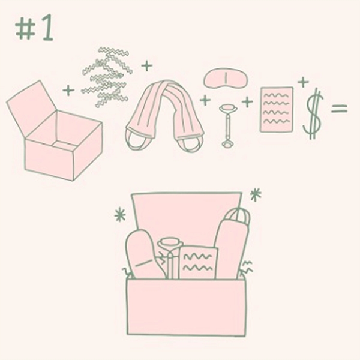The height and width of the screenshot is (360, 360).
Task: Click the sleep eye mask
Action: click(x=226, y=78)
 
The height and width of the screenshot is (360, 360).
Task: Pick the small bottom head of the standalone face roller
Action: click(x=228, y=144)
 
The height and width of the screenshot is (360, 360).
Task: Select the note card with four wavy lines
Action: click(x=277, y=109)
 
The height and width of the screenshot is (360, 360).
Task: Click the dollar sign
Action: click(x=313, y=114)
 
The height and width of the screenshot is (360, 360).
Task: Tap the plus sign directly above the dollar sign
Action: click(x=303, y=82)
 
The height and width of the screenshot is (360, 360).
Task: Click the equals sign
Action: click(x=339, y=109)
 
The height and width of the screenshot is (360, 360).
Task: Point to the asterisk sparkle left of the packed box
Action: click(x=120, y=215)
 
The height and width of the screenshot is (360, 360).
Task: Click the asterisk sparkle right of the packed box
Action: click(x=256, y=195)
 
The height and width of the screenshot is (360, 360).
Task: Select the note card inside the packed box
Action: click(x=199, y=262)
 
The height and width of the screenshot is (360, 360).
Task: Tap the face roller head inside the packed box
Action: click(x=170, y=242)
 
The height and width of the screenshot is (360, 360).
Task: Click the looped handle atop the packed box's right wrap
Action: click(x=238, y=215)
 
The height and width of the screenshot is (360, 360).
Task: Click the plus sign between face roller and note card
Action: click(x=247, y=102)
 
